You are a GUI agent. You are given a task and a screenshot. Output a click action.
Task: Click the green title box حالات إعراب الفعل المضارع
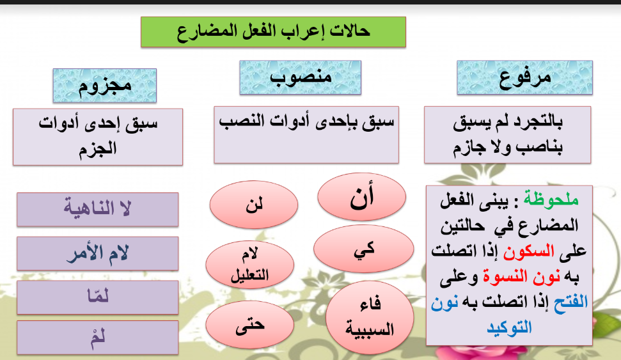pos(273,31)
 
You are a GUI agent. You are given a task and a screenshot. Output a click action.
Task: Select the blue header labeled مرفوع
pos(524,78)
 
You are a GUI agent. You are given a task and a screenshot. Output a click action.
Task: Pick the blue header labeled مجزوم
pos(105,85)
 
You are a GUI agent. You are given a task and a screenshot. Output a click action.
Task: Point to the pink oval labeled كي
pos(359,251)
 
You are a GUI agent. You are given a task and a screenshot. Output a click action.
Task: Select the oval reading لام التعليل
pos(249,265)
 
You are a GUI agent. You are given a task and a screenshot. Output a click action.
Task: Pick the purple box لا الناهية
pos(97,209)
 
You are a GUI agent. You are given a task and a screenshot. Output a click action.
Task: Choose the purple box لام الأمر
pos(97,253)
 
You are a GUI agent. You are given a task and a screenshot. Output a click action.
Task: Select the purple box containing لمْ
pos(97,338)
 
